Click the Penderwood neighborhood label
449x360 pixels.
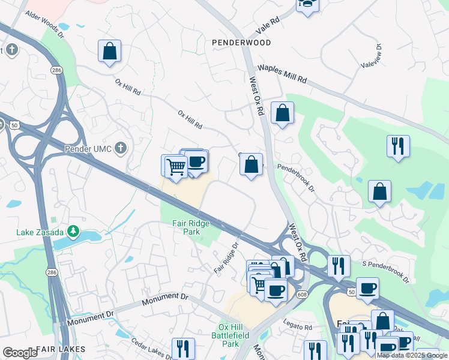[241, 43]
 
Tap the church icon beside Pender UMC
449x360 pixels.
[121, 148]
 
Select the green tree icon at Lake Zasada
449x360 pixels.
[73, 230]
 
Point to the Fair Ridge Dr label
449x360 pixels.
[227, 259]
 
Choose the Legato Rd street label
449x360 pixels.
[300, 328]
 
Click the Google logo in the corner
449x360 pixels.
[19, 353]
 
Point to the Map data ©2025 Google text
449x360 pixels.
[412, 355]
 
